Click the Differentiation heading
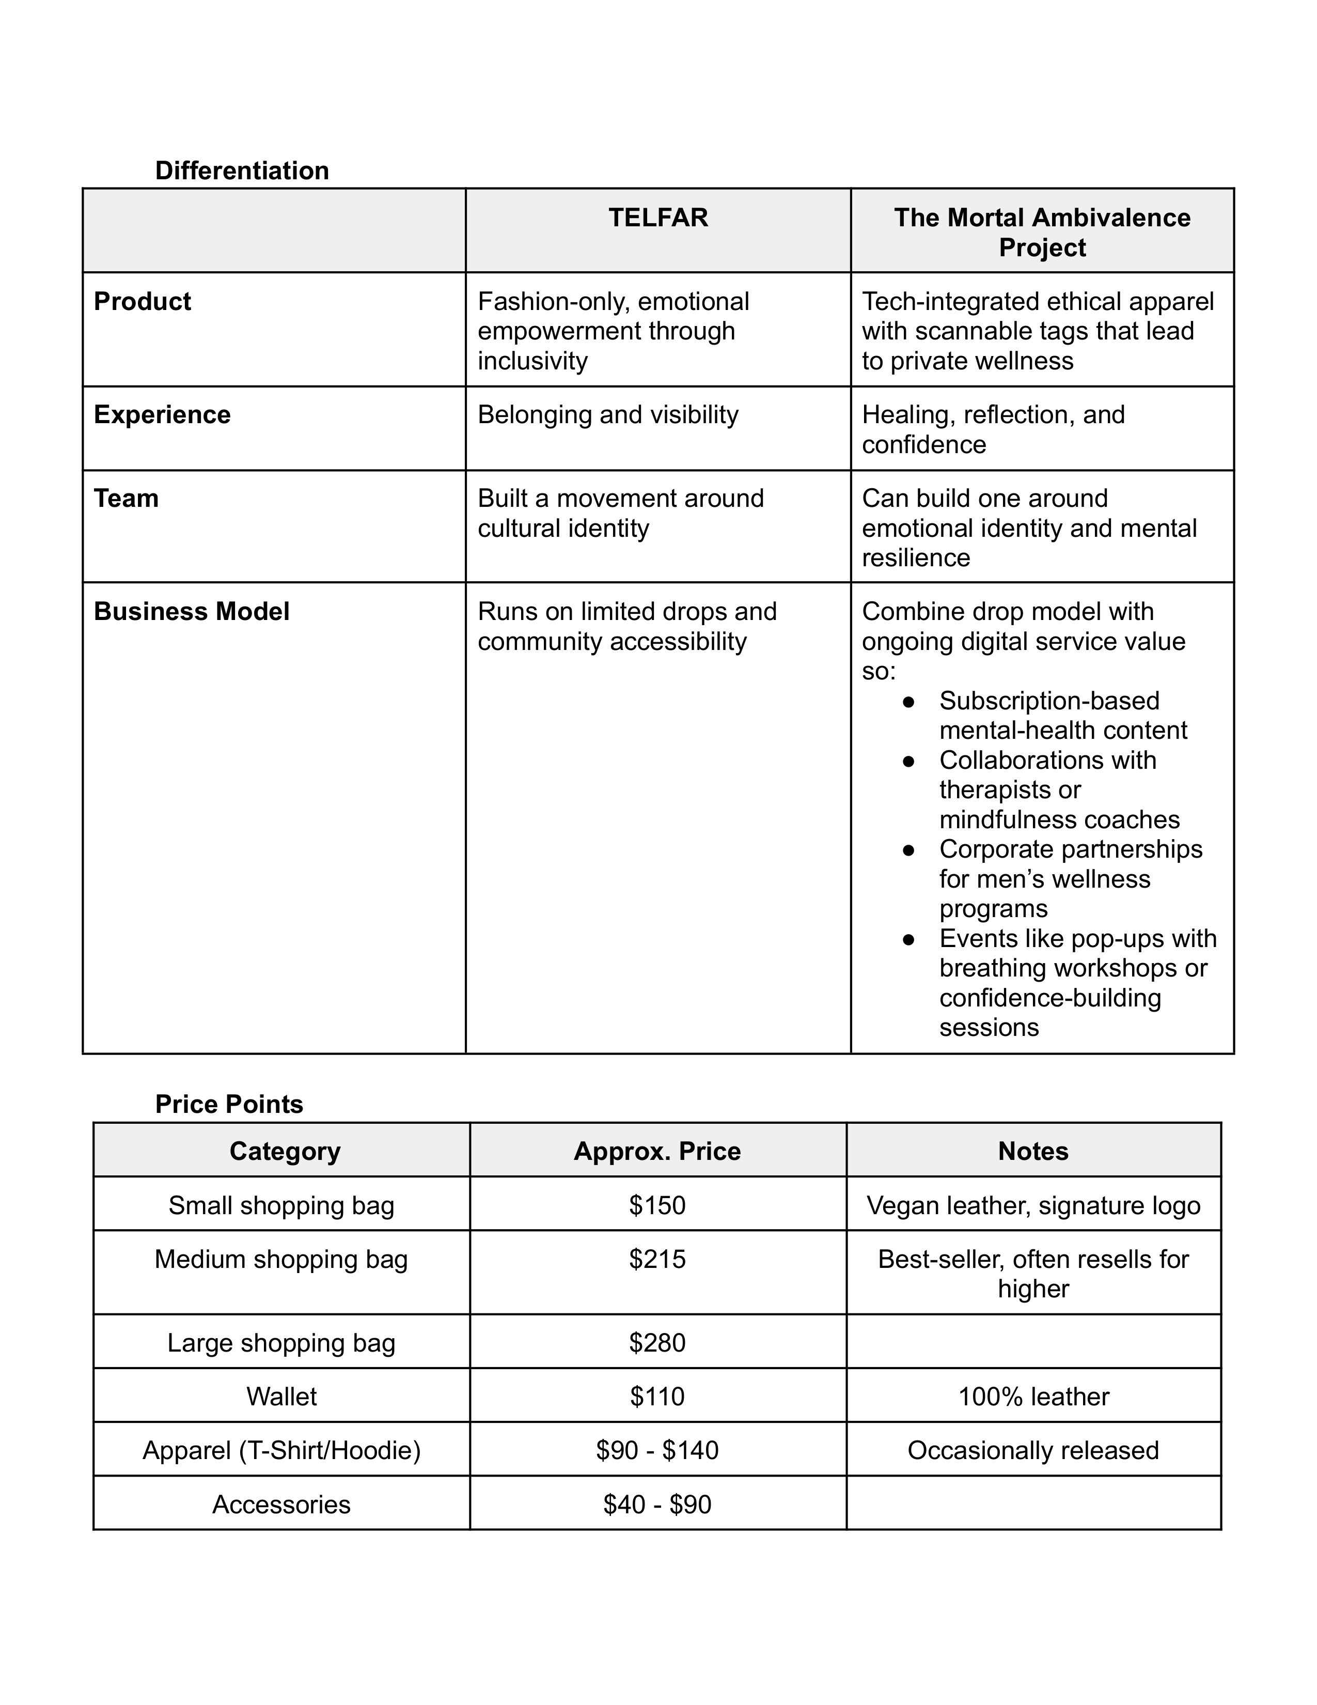point(242,170)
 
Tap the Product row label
point(142,301)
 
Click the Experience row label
point(162,414)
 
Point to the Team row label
point(127,498)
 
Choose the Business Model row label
point(191,611)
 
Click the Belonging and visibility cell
point(608,414)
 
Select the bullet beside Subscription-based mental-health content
point(908,701)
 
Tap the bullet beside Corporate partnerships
point(908,849)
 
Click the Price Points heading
point(229,1104)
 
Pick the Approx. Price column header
point(657,1152)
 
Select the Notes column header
point(1033,1152)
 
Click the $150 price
point(657,1205)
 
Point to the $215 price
point(657,1259)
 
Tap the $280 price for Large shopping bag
point(657,1343)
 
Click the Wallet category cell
point(281,1397)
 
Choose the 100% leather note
point(1033,1397)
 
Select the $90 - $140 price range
point(657,1450)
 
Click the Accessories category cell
point(281,1505)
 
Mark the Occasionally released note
point(1033,1450)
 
